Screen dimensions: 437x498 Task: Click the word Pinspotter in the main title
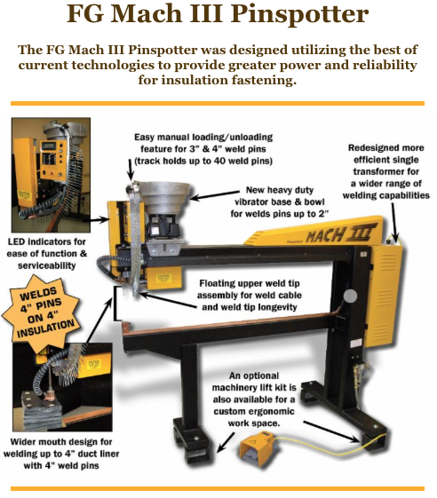point(299,14)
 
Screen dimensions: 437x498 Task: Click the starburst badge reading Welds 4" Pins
point(42,312)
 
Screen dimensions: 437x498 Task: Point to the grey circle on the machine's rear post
point(350,296)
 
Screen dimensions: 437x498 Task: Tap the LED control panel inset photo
point(51,175)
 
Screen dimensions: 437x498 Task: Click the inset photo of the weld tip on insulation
point(62,387)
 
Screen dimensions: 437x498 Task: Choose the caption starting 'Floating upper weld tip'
point(250,295)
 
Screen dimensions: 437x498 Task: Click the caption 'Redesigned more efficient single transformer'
point(385,171)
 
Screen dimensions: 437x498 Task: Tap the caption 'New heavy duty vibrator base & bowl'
point(280,202)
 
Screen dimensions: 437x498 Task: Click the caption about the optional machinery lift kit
point(254,399)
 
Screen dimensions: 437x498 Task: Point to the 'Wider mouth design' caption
point(61,454)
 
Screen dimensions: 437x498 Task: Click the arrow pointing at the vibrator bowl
point(214,195)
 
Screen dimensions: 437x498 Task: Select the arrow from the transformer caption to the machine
point(394,222)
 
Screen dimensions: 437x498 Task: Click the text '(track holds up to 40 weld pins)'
point(203,161)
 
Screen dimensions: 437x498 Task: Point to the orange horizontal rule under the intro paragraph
point(218,103)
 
